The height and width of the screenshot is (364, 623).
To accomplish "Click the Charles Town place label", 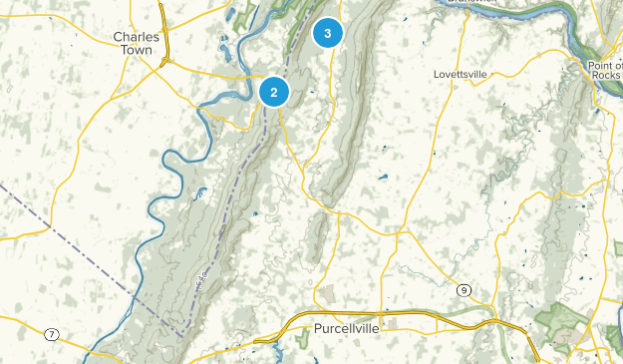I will pyautogui.click(x=137, y=44).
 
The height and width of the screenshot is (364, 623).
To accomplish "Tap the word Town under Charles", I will pyautogui.click(x=137, y=51).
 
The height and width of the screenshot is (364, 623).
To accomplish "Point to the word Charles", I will pyautogui.click(x=137, y=37).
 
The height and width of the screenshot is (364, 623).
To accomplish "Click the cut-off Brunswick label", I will pyautogui.click(x=471, y=3).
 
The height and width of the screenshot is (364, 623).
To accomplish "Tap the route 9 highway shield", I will pyautogui.click(x=465, y=290).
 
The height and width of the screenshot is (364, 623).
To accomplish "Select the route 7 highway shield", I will pyautogui.click(x=51, y=332).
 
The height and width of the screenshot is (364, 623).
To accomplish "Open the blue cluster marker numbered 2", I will pyautogui.click(x=273, y=92).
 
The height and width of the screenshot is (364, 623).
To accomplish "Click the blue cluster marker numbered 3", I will pyautogui.click(x=327, y=33).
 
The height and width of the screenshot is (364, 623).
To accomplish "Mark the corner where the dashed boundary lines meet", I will pyautogui.click(x=181, y=332).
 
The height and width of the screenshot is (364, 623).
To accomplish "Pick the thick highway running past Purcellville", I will pyautogui.click(x=399, y=314).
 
